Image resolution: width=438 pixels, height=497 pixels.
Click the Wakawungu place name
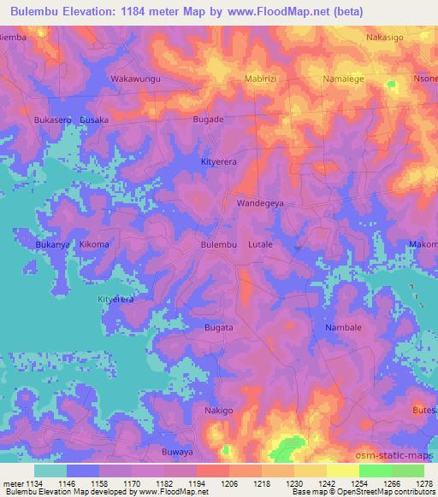pyautogui.click(x=136, y=79)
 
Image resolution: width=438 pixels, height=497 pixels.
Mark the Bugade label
pyautogui.click(x=208, y=120)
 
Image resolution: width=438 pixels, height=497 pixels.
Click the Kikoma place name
pyautogui.click(x=94, y=245)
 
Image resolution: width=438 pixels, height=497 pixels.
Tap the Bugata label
pyautogui.click(x=218, y=327)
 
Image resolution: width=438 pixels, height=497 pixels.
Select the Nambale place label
pyautogui.click(x=345, y=327)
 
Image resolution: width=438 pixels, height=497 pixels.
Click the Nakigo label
pyautogui.click(x=218, y=411)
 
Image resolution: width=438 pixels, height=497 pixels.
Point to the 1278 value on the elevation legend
pyautogui.click(x=423, y=484)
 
